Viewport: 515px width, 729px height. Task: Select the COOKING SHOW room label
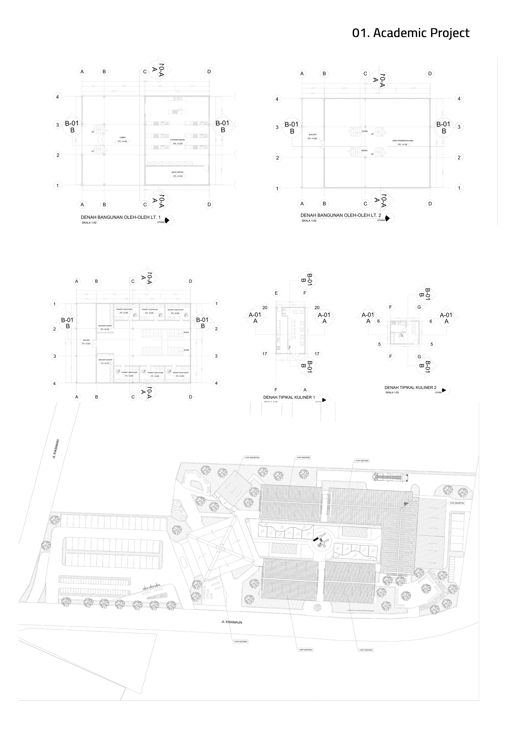(x=177, y=140)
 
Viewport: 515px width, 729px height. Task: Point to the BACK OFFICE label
(x=177, y=172)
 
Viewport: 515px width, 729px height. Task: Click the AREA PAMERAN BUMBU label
(x=403, y=140)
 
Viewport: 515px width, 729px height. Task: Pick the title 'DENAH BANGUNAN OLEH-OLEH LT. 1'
(x=121, y=217)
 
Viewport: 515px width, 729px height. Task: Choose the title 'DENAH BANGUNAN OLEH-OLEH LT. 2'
(x=341, y=215)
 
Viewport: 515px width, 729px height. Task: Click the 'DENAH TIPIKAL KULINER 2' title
(x=410, y=387)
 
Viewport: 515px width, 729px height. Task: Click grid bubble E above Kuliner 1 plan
(x=276, y=293)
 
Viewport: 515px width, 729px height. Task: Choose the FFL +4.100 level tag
(x=402, y=144)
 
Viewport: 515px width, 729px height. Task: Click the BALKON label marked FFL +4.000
(x=312, y=135)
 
